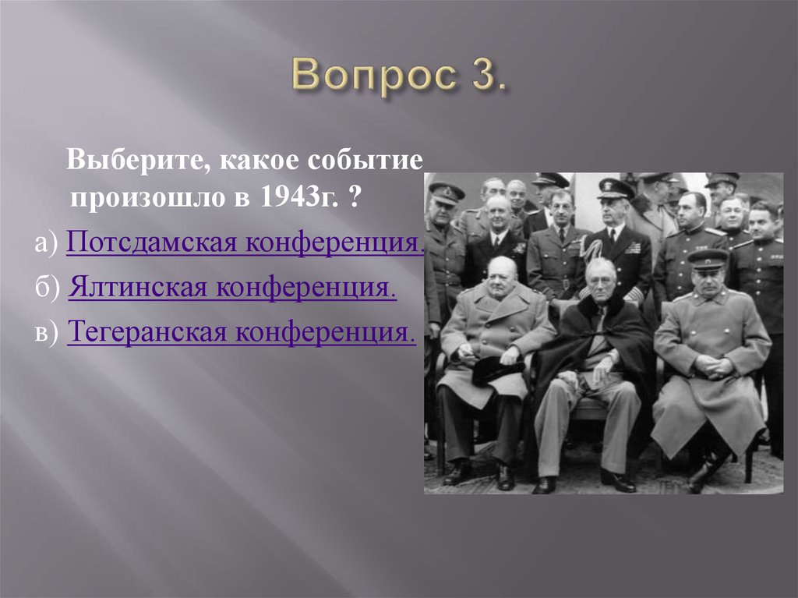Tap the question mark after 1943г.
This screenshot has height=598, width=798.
coord(355,197)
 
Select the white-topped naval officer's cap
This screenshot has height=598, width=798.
coord(616,187)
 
